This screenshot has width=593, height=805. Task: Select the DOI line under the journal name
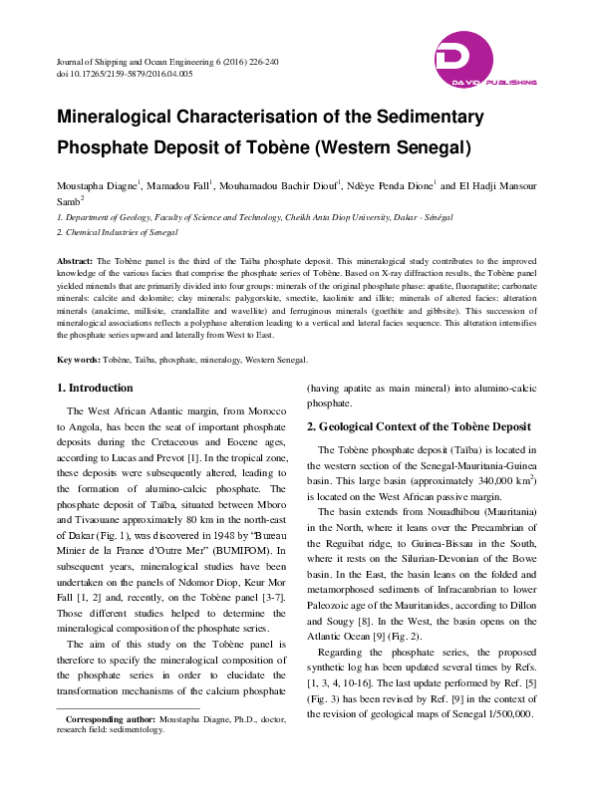[x=125, y=75]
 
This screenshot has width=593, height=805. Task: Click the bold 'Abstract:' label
[x=75, y=259]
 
